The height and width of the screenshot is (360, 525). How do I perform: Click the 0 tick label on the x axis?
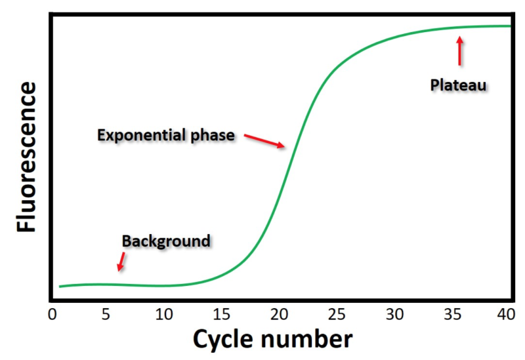(52, 315)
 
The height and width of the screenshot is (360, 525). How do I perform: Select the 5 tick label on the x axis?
(106, 315)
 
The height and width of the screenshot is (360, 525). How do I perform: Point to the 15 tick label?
(222, 315)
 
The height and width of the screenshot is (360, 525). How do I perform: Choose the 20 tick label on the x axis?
(280, 315)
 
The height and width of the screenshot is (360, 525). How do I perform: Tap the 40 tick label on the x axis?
(505, 315)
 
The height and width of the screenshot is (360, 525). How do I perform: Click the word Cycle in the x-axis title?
(226, 340)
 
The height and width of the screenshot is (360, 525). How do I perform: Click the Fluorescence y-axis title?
(27, 157)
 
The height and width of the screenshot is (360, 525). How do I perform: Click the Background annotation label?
(166, 241)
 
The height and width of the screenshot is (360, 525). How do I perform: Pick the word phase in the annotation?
(213, 136)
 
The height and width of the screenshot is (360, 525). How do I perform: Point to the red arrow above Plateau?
(459, 50)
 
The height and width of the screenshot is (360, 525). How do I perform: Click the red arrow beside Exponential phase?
(265, 140)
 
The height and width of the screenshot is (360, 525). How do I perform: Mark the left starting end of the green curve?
(60, 287)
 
